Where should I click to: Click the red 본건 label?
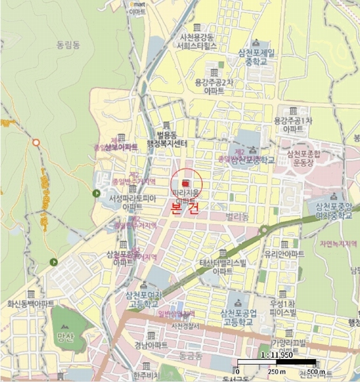[185, 211]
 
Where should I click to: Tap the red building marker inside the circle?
[186, 182]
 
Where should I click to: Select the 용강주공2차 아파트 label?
[214, 86]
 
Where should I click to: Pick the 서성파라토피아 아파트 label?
[133, 202]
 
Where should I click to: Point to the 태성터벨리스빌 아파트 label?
[223, 267]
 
